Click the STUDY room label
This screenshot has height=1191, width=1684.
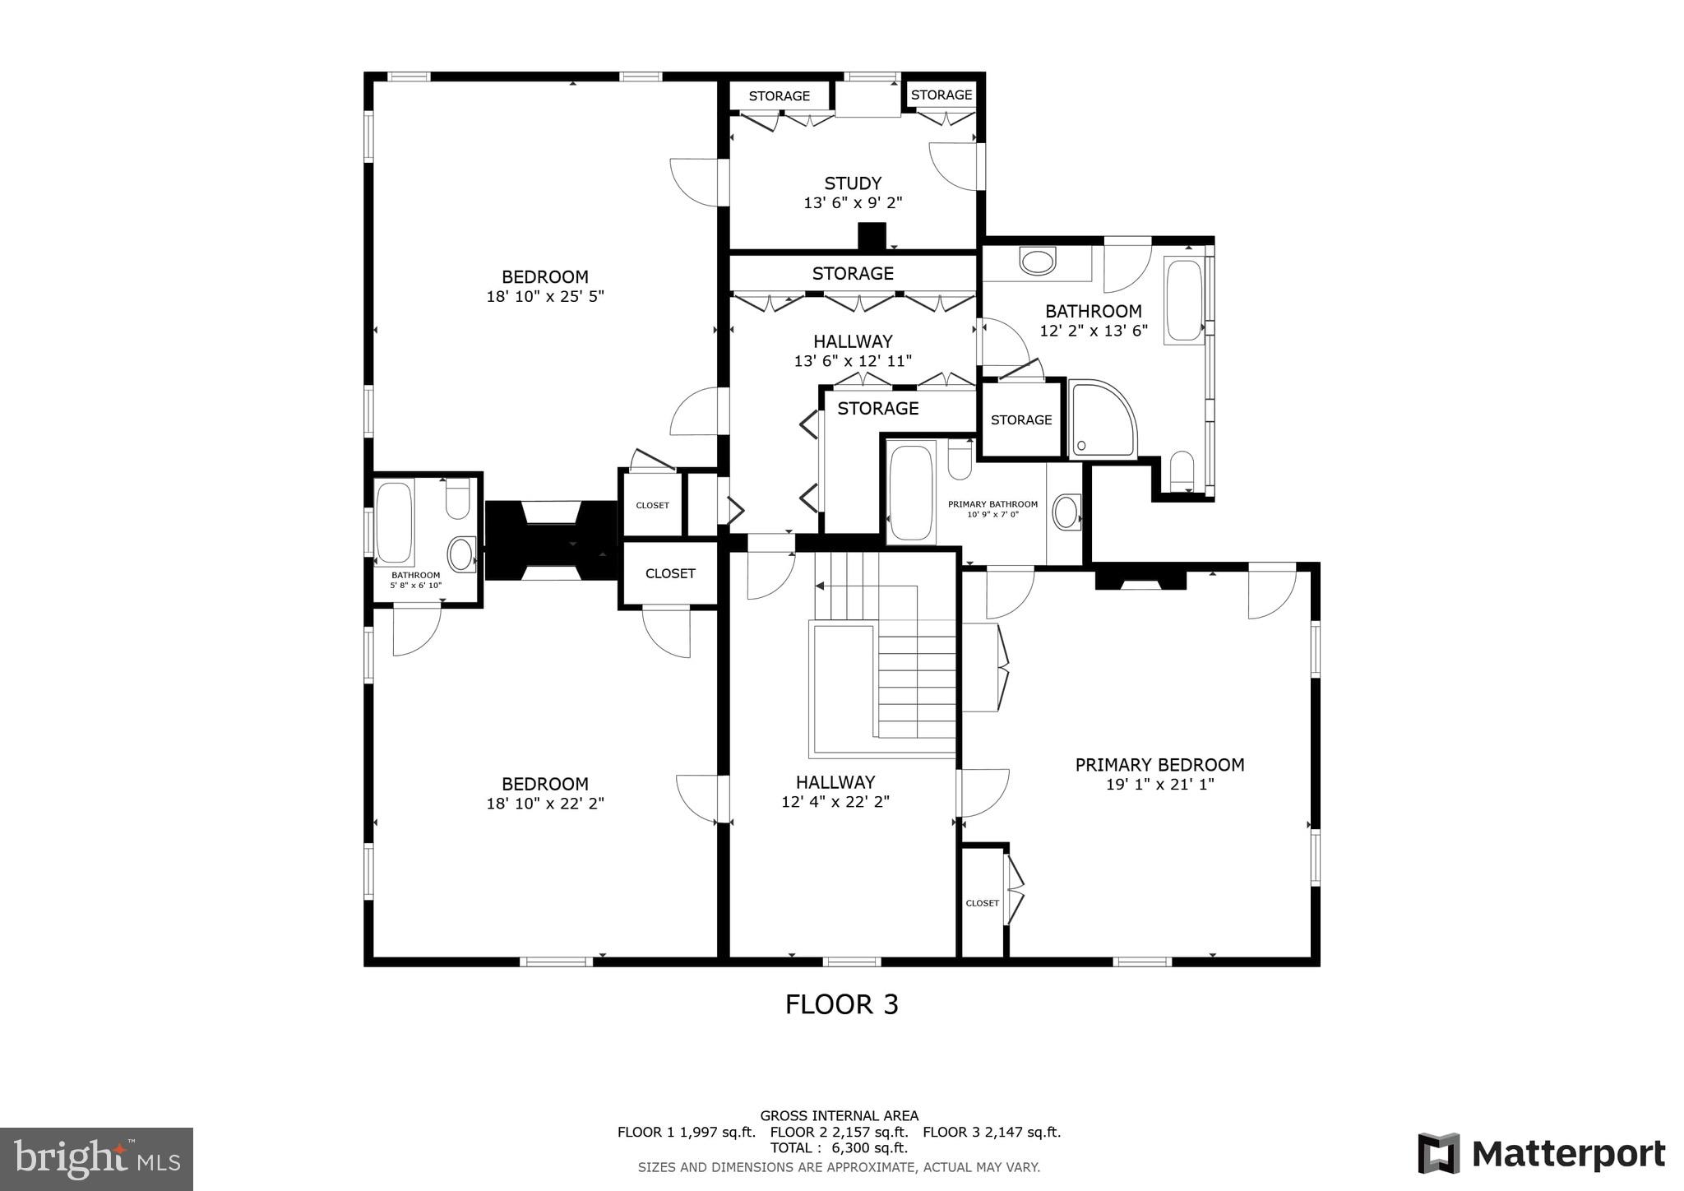853,183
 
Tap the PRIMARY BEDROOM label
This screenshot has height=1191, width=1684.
1159,765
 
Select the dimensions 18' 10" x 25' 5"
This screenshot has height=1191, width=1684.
544,296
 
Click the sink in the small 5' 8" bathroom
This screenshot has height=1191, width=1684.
461,554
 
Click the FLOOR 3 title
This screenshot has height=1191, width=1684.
841,1004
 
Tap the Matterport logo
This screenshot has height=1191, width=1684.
1541,1154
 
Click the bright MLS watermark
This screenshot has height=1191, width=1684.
96,1159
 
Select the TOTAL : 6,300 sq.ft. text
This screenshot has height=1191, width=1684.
839,1147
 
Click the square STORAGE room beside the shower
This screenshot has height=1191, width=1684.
1021,420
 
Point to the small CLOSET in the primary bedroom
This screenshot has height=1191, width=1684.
982,902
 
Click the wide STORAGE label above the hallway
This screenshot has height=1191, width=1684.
853,273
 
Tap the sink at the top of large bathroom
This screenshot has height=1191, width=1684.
1037,262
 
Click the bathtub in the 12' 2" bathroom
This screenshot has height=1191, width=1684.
1184,300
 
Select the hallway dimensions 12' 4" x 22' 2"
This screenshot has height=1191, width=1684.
835,802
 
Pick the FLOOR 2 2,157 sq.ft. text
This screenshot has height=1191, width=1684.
839,1132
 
